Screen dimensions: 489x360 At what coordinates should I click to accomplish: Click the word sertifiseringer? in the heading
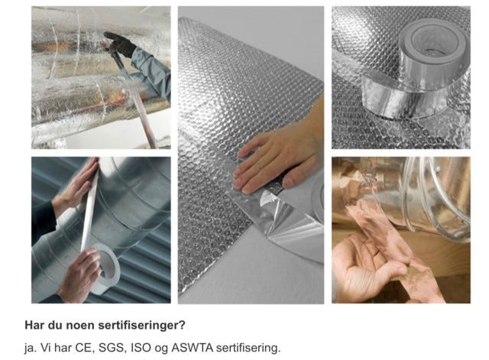[x=142, y=326]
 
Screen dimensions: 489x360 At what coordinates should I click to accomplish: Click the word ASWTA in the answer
[x=192, y=347]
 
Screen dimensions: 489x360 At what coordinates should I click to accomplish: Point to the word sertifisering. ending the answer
[x=248, y=348]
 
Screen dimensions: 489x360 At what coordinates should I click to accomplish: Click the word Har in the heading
[x=34, y=325]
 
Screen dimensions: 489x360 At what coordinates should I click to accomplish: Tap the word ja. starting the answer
[x=31, y=348]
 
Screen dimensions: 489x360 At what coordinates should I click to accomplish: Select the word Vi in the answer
[x=46, y=347]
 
